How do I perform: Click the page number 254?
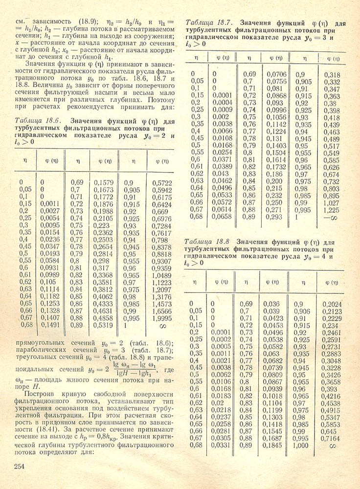coord(18,466)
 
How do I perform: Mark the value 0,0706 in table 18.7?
coord(277,74)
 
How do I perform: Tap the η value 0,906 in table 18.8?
coord(303,311)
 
